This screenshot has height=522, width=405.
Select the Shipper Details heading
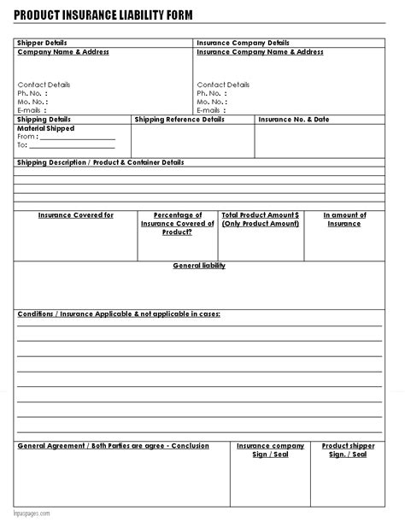coord(42,43)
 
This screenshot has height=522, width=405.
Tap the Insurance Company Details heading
coord(243,43)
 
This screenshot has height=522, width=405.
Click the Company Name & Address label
coord(63,52)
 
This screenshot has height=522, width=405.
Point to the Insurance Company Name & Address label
coord(260,52)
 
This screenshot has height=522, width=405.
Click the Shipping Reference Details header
coord(179,120)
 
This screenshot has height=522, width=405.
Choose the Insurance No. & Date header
coord(293,120)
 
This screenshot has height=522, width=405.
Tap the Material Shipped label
coord(45,128)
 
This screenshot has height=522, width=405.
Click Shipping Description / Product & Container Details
coord(100,162)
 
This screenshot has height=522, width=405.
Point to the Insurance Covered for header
coord(75,215)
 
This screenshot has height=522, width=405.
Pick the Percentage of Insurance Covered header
coord(177,223)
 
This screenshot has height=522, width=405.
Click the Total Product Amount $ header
coord(260,220)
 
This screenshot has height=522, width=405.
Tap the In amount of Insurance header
coord(344,220)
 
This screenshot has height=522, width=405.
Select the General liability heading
coord(199,266)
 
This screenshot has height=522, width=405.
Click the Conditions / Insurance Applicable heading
coord(119,314)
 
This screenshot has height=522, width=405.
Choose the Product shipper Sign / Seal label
coord(348,450)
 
